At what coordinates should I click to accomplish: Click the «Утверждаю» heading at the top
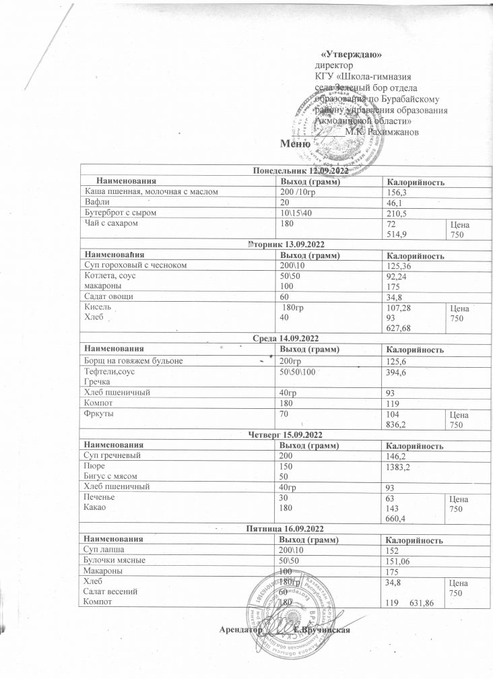click(x=352, y=54)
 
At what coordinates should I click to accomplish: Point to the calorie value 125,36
click(x=400, y=266)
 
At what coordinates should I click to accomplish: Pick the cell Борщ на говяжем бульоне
click(x=139, y=361)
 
